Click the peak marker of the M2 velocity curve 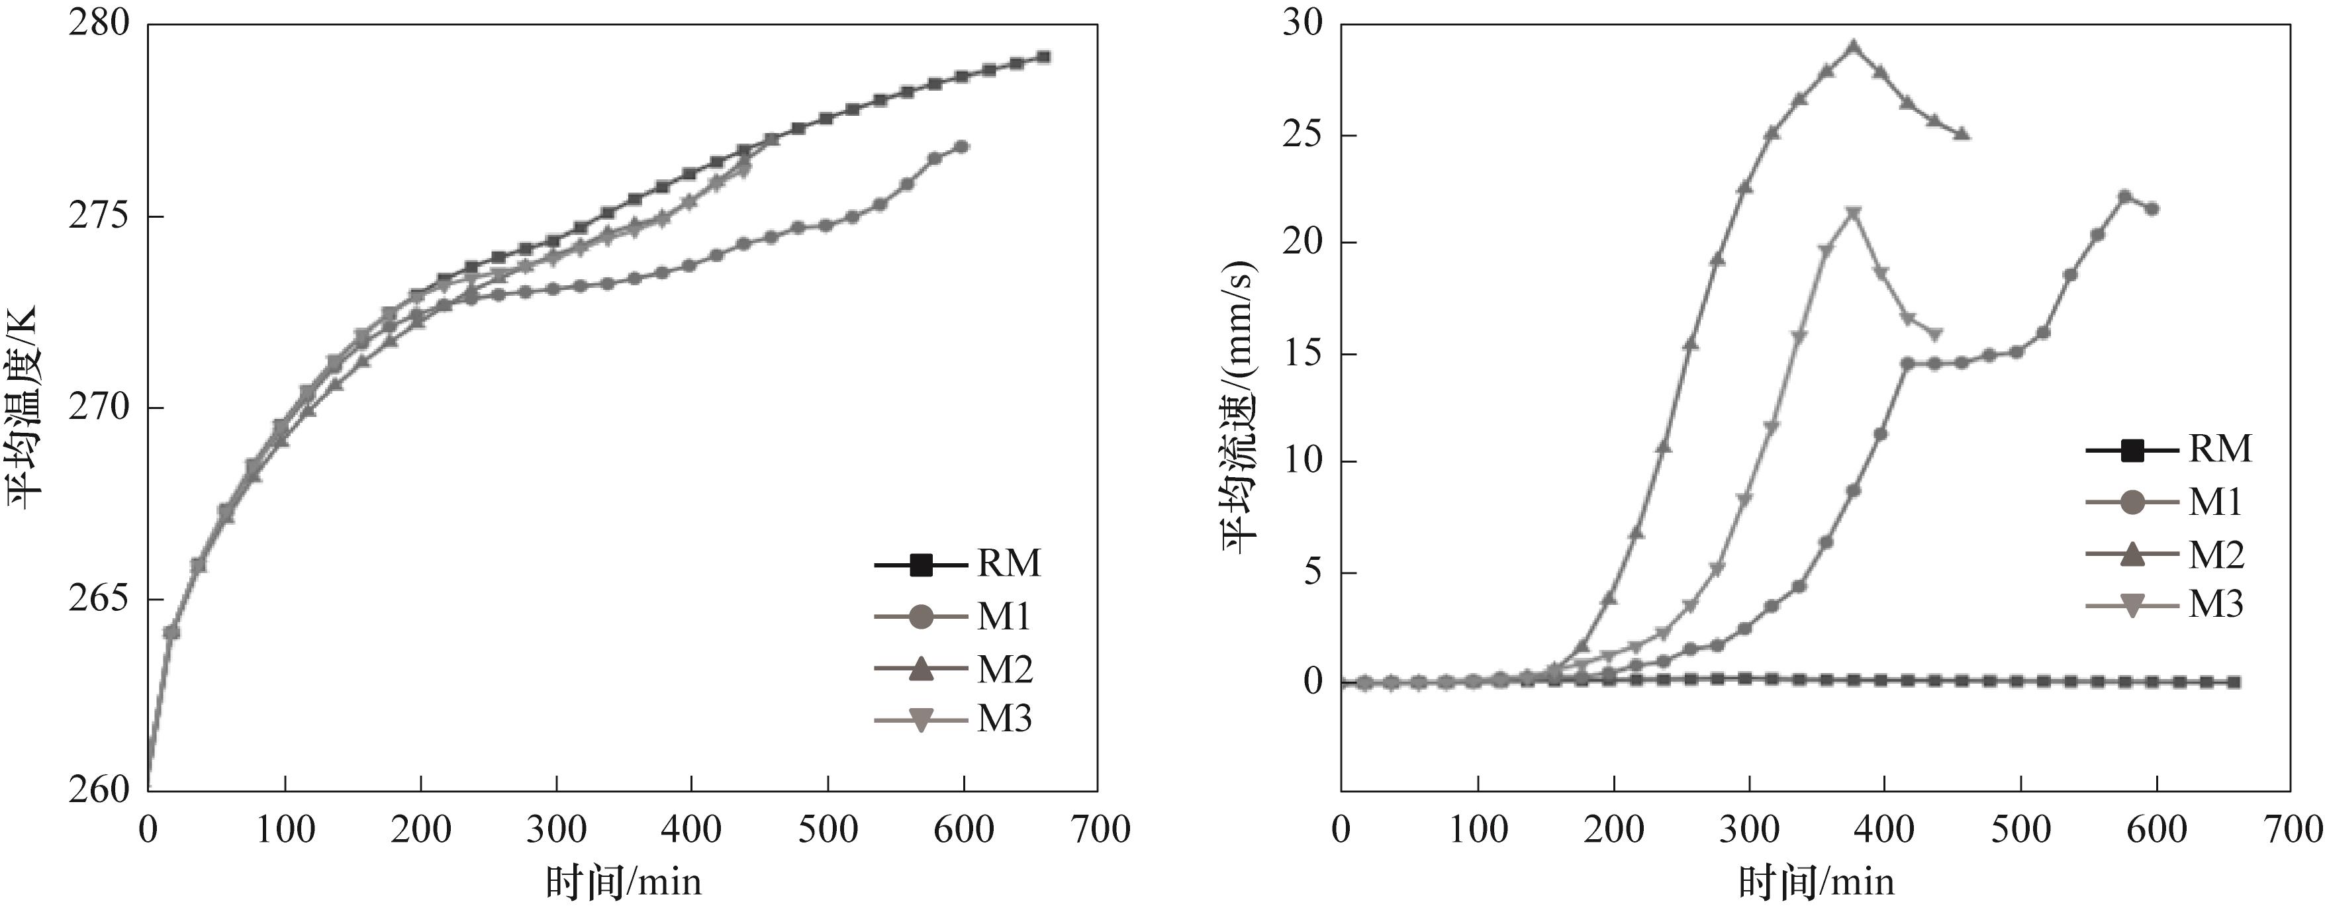1854,47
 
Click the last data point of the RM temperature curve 1043,57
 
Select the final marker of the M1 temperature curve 962,146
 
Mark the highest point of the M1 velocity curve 2124,196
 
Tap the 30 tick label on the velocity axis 1302,22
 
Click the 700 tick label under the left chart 1098,829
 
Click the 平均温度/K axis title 25,406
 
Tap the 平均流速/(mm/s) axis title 1239,406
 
